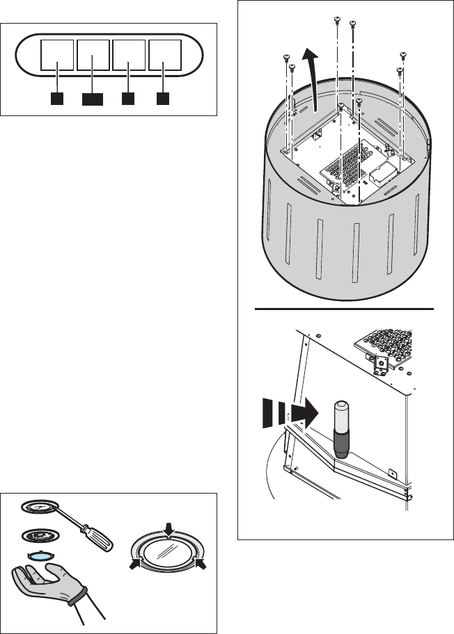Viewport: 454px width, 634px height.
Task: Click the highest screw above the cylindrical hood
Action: coord(338,19)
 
